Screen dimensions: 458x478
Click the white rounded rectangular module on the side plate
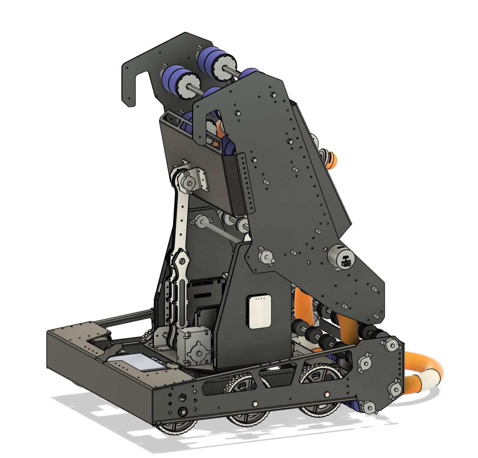click(258, 311)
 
